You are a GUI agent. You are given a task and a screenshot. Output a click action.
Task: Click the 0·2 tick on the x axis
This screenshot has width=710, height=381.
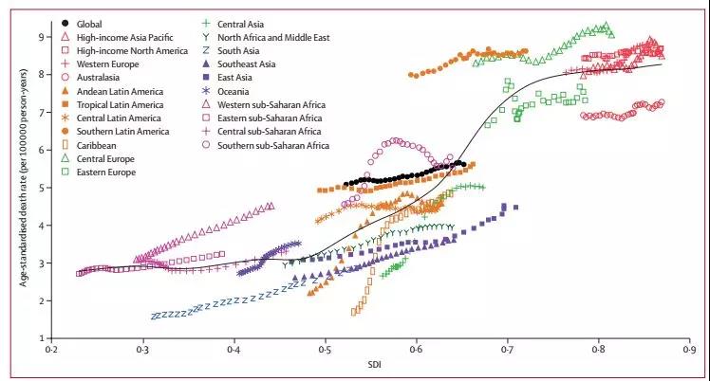tap(52, 350)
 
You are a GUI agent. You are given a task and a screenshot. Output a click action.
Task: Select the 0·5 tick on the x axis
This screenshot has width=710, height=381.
tap(325, 350)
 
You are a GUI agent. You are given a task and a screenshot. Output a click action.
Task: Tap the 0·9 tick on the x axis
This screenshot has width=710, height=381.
tap(689, 350)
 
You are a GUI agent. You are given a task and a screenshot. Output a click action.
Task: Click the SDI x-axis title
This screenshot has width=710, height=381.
tap(370, 366)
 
